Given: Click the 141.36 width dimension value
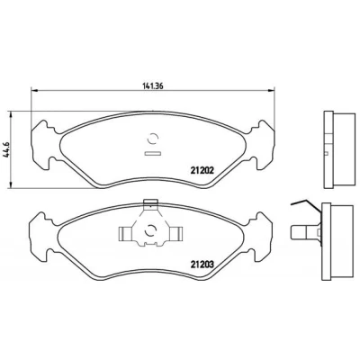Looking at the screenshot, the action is click(152, 85).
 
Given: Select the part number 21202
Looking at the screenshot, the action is click(202, 170).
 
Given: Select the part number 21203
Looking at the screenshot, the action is click(202, 265).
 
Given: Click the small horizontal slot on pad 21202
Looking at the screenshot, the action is click(153, 154).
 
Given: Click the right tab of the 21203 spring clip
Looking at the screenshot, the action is click(176, 234).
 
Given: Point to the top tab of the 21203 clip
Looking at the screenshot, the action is click(151, 203).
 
